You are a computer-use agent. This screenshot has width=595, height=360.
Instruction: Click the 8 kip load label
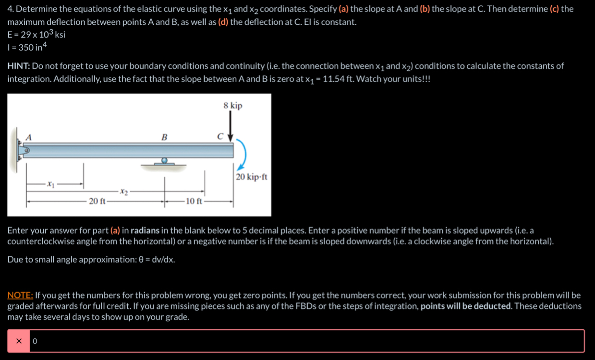point(233,106)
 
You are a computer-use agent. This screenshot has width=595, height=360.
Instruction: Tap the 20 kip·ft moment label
point(251,177)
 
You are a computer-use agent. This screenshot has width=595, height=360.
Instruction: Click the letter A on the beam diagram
point(28,137)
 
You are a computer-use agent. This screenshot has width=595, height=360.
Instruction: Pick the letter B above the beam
point(164,137)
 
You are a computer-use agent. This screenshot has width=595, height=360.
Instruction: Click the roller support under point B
point(164,162)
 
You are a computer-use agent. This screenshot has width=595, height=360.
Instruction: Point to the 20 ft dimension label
point(97,201)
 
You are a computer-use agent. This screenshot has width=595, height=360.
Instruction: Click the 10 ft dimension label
point(193,201)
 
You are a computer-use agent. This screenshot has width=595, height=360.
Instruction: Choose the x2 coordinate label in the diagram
point(124,192)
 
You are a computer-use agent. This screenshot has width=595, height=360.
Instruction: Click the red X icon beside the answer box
point(19,341)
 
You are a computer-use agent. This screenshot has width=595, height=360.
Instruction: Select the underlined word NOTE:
point(20,295)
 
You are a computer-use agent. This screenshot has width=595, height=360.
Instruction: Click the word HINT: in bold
point(19,66)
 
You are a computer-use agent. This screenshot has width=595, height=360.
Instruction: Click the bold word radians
point(145,230)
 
